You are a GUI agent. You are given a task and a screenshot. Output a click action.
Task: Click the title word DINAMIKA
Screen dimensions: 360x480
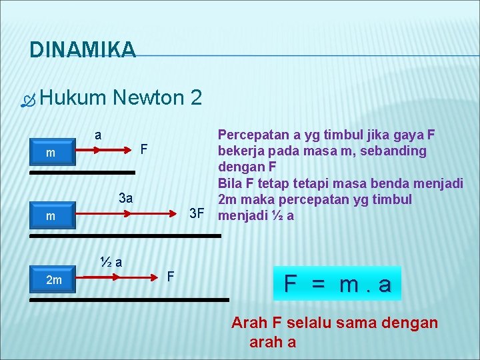83,50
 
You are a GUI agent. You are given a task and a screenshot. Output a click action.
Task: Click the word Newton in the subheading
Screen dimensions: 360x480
148,98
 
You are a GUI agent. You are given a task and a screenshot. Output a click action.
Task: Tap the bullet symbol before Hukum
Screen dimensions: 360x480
27,101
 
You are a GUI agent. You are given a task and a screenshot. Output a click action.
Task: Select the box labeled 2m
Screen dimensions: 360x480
53,280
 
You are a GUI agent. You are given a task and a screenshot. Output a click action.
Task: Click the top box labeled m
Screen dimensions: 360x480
51,154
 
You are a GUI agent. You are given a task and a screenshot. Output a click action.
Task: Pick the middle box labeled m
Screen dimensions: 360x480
51,217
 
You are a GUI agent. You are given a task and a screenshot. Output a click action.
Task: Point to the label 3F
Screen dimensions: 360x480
197,214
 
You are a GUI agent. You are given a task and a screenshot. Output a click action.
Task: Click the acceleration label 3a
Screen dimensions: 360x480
125,198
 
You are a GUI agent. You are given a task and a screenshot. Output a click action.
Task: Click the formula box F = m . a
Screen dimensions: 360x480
337,284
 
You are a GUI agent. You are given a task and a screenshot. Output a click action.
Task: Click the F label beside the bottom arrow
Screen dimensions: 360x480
171,276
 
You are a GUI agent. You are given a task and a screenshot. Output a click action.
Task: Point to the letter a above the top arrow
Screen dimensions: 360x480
98,135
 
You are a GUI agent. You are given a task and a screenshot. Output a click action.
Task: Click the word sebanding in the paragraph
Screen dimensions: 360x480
395,151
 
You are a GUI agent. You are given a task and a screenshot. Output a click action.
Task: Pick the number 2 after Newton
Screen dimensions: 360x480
196,98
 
